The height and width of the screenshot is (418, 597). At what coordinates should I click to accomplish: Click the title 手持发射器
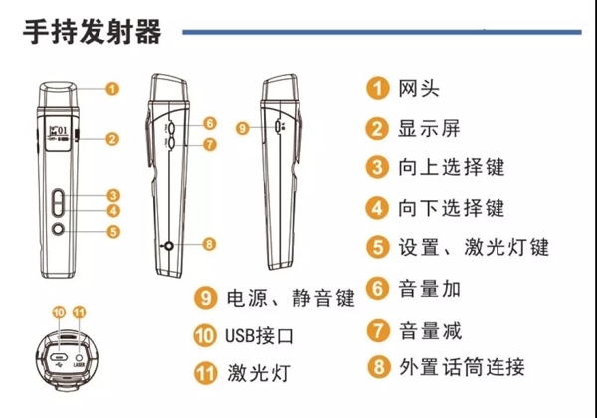coord(93,32)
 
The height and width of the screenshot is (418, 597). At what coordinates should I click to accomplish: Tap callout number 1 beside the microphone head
coord(111,89)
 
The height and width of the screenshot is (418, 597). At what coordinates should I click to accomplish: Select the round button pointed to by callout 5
coord(59,230)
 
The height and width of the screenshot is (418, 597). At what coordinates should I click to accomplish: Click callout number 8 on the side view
coord(209,244)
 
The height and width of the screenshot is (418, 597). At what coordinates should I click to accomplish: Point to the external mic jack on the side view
coord(168,246)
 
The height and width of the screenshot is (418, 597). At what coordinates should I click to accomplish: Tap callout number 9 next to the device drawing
coord(242,128)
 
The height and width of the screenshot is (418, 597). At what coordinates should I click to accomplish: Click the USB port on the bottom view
coord(59,357)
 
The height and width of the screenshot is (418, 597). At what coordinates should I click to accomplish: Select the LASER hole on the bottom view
coord(80,357)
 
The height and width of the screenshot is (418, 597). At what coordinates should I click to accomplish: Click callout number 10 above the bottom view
coord(59,313)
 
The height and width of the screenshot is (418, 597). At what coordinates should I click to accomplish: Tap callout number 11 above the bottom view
coord(79,313)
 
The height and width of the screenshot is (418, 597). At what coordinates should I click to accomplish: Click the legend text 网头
coord(419,88)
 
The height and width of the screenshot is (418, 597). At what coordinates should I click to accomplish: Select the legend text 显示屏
coord(429,128)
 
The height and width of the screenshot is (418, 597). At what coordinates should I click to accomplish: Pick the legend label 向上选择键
coord(452,167)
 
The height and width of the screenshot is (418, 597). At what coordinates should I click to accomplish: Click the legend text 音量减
coord(430,330)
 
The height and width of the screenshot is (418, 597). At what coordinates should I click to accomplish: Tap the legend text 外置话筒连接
coord(462,367)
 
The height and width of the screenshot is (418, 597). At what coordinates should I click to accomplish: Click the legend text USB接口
coord(260,336)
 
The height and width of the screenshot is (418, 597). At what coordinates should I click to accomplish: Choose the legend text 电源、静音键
coord(291,298)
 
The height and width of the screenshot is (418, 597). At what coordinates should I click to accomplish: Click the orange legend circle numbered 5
coord(378,247)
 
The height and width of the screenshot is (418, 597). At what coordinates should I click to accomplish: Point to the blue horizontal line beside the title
coord(382,32)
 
